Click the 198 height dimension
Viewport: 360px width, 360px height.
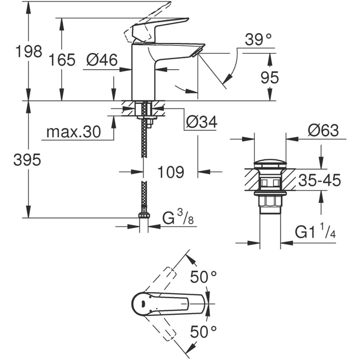pyautogui.click(x=29, y=51)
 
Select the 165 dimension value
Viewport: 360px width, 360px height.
pyautogui.click(x=62, y=59)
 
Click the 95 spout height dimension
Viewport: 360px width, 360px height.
pyautogui.click(x=269, y=77)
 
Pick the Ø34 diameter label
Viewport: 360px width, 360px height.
pyautogui.click(x=201, y=122)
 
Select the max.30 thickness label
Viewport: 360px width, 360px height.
pyautogui.click(x=73, y=133)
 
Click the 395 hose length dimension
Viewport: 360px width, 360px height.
pyautogui.click(x=27, y=161)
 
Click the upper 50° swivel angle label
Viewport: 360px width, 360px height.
pyautogui.click(x=205, y=278)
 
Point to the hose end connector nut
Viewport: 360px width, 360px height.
pyautogui.click(x=144, y=216)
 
